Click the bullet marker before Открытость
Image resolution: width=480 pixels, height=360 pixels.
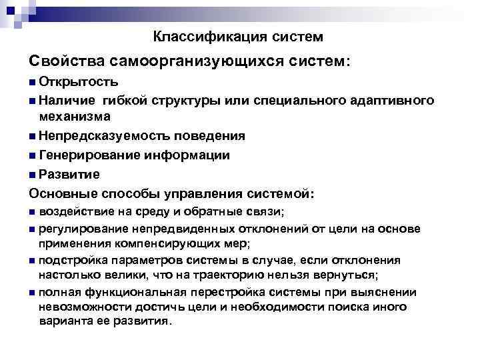33,83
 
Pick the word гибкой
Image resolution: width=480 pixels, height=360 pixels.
125,101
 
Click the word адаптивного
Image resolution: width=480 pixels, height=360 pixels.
394,101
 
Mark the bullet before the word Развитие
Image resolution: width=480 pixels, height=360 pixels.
33,175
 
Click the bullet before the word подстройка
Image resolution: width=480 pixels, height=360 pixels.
33,261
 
